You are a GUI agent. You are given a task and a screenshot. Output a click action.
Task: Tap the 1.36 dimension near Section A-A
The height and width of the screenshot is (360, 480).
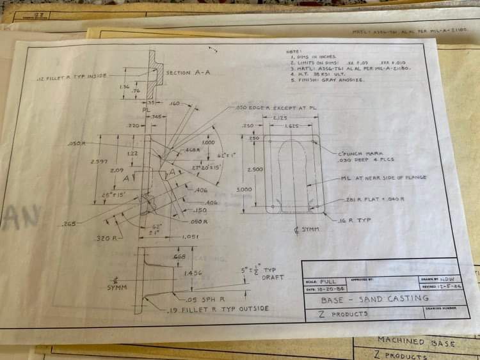point(125,87)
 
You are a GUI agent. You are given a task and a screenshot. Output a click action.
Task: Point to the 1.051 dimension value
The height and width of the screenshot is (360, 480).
point(190,237)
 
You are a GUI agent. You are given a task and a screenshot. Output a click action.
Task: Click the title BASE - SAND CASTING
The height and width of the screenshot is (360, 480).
point(375,299)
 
